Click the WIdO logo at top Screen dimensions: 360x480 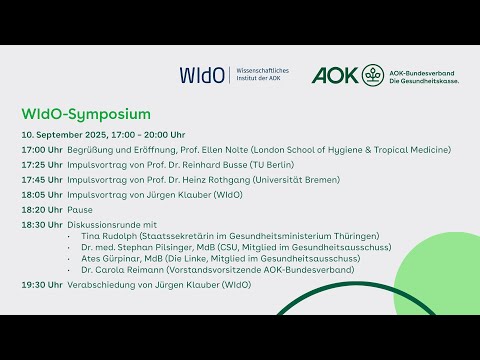[x=203, y=75]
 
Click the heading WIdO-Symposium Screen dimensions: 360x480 [x=86, y=113]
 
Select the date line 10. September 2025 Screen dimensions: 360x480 [x=103, y=134]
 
